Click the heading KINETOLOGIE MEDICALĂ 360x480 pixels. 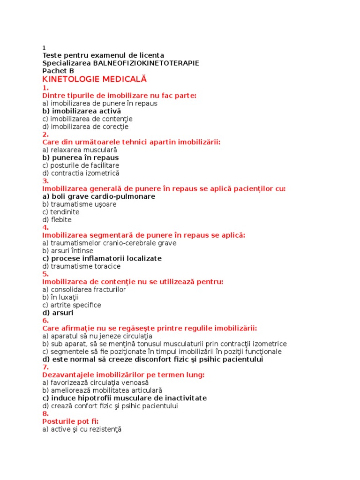point(95,79)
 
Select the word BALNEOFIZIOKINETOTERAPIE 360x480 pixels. point(146,63)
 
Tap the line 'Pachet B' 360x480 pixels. point(58,71)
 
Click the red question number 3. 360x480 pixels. point(45,181)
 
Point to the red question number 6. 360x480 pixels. point(45,321)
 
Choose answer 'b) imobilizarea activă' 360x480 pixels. point(82,111)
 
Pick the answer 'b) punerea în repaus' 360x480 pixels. point(81,157)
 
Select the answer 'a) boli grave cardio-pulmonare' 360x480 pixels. point(98,196)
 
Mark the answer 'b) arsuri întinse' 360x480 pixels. point(67,251)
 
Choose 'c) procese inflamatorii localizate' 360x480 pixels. point(102,258)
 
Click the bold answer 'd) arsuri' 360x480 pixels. point(58,313)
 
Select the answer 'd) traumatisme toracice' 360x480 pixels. point(81,266)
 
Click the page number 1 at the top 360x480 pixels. point(44,48)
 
